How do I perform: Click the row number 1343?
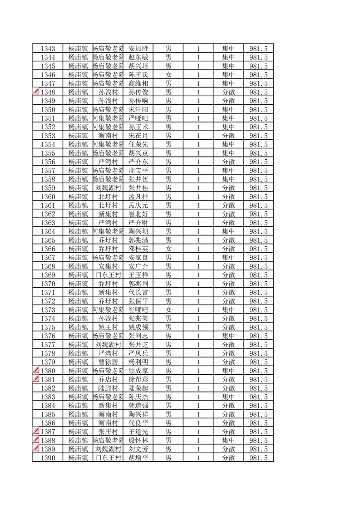[48, 49]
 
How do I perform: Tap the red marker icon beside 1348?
[37, 92]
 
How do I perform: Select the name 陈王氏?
[138, 75]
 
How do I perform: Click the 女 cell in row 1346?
[168, 75]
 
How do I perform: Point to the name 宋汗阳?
[138, 109]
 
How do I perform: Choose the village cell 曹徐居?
[108, 362]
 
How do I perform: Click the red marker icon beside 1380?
[37, 370]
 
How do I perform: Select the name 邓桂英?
[138, 249]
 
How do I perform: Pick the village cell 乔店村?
[108, 379]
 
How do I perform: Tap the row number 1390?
[48, 458]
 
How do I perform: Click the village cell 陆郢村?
[108, 388]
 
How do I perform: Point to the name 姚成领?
[138, 327]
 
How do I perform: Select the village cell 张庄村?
[108, 431]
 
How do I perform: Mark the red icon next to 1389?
[37, 448]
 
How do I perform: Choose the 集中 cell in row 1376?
[228, 336]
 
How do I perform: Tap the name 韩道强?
[138, 405]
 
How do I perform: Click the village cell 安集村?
[108, 266]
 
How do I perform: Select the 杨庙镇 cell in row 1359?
[78, 188]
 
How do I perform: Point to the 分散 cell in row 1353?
[228, 136]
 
